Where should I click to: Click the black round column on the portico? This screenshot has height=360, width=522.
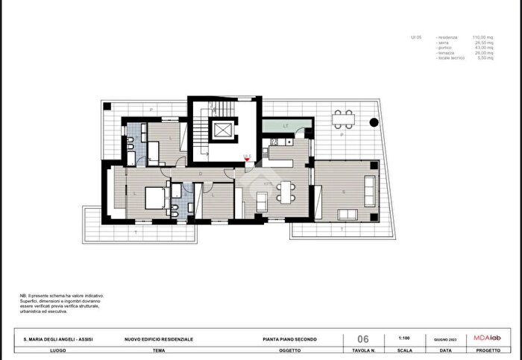(374, 122)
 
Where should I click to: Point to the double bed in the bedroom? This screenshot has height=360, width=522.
(154, 197)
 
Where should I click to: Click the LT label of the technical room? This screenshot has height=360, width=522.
(286, 125)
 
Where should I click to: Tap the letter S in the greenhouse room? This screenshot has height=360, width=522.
(343, 191)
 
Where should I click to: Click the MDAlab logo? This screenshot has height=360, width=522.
(488, 338)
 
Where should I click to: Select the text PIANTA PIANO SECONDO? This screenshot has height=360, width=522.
(290, 339)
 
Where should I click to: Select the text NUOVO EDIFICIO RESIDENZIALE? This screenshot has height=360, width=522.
(158, 339)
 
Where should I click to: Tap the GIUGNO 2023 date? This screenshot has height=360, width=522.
(445, 339)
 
